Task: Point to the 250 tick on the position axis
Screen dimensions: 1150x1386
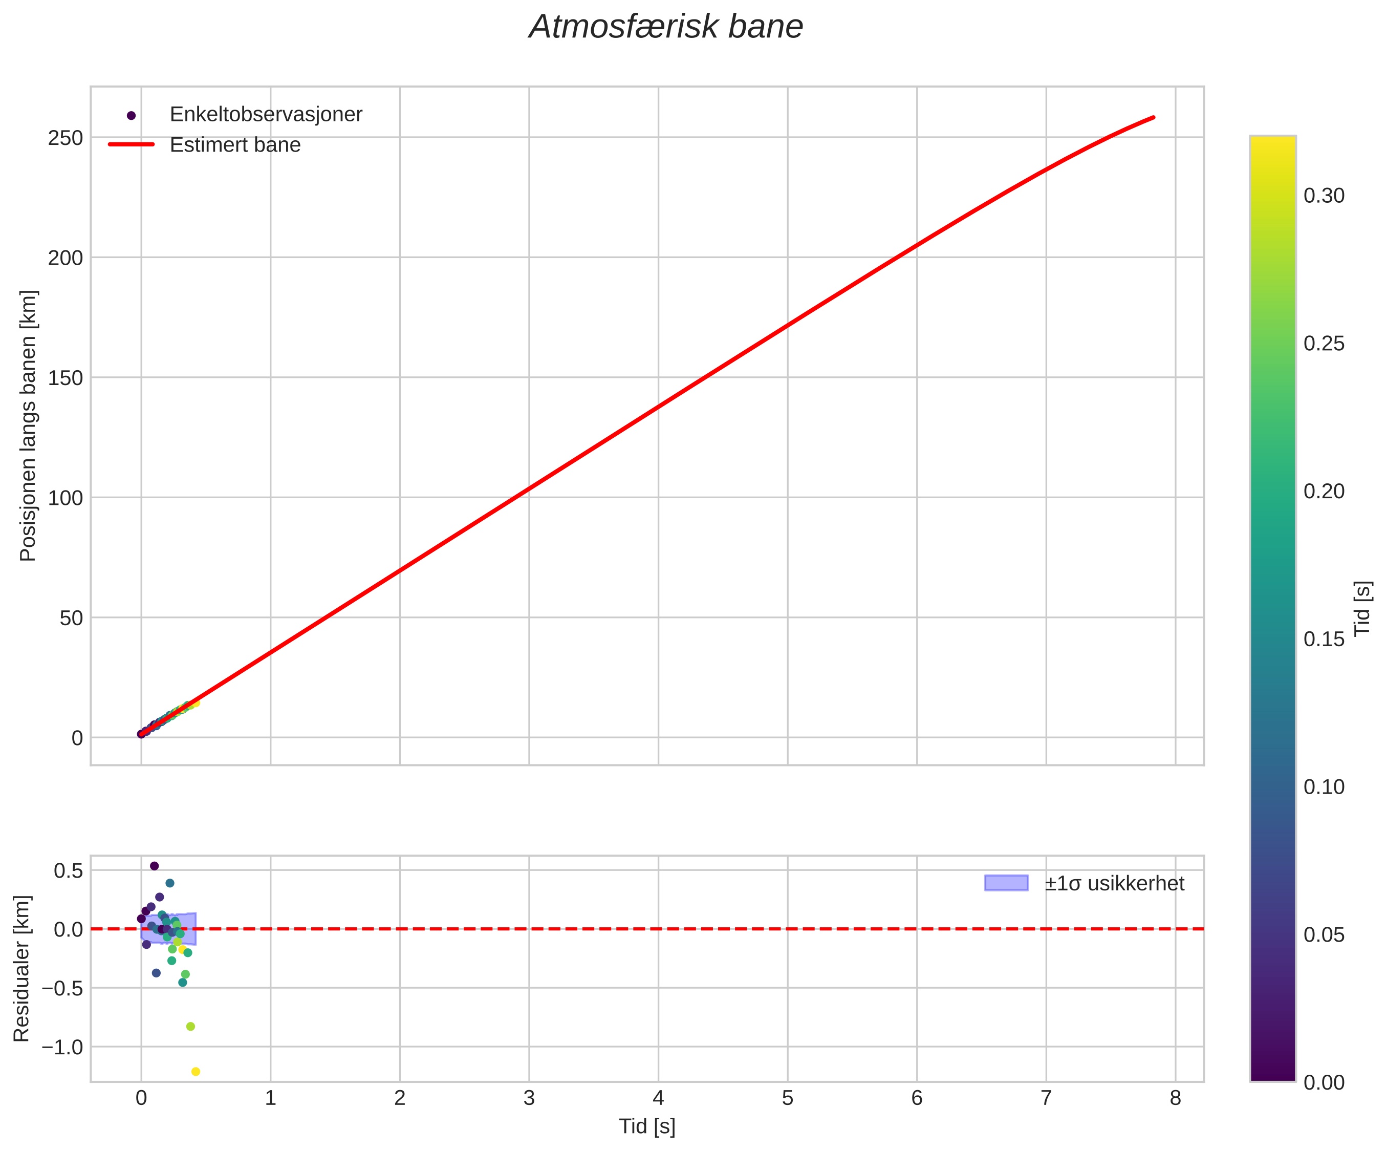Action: [66, 138]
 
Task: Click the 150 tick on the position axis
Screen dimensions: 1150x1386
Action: [66, 377]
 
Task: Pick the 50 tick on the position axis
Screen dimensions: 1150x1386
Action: [71, 618]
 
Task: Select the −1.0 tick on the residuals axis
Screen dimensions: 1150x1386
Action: [63, 1047]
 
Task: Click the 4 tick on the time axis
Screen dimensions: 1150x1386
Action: [658, 1098]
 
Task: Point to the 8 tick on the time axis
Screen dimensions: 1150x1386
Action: [1176, 1098]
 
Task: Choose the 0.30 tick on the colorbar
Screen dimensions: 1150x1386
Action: [1323, 196]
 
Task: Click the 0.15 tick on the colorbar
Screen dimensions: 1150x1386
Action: [1323, 639]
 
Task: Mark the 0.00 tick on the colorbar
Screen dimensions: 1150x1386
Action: [1323, 1082]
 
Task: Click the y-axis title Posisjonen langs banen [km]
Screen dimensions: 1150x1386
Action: [28, 426]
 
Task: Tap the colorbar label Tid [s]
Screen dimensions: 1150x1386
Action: [1362, 608]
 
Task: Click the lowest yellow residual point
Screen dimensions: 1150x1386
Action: [196, 1072]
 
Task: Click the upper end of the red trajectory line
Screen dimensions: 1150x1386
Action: [1154, 117]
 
